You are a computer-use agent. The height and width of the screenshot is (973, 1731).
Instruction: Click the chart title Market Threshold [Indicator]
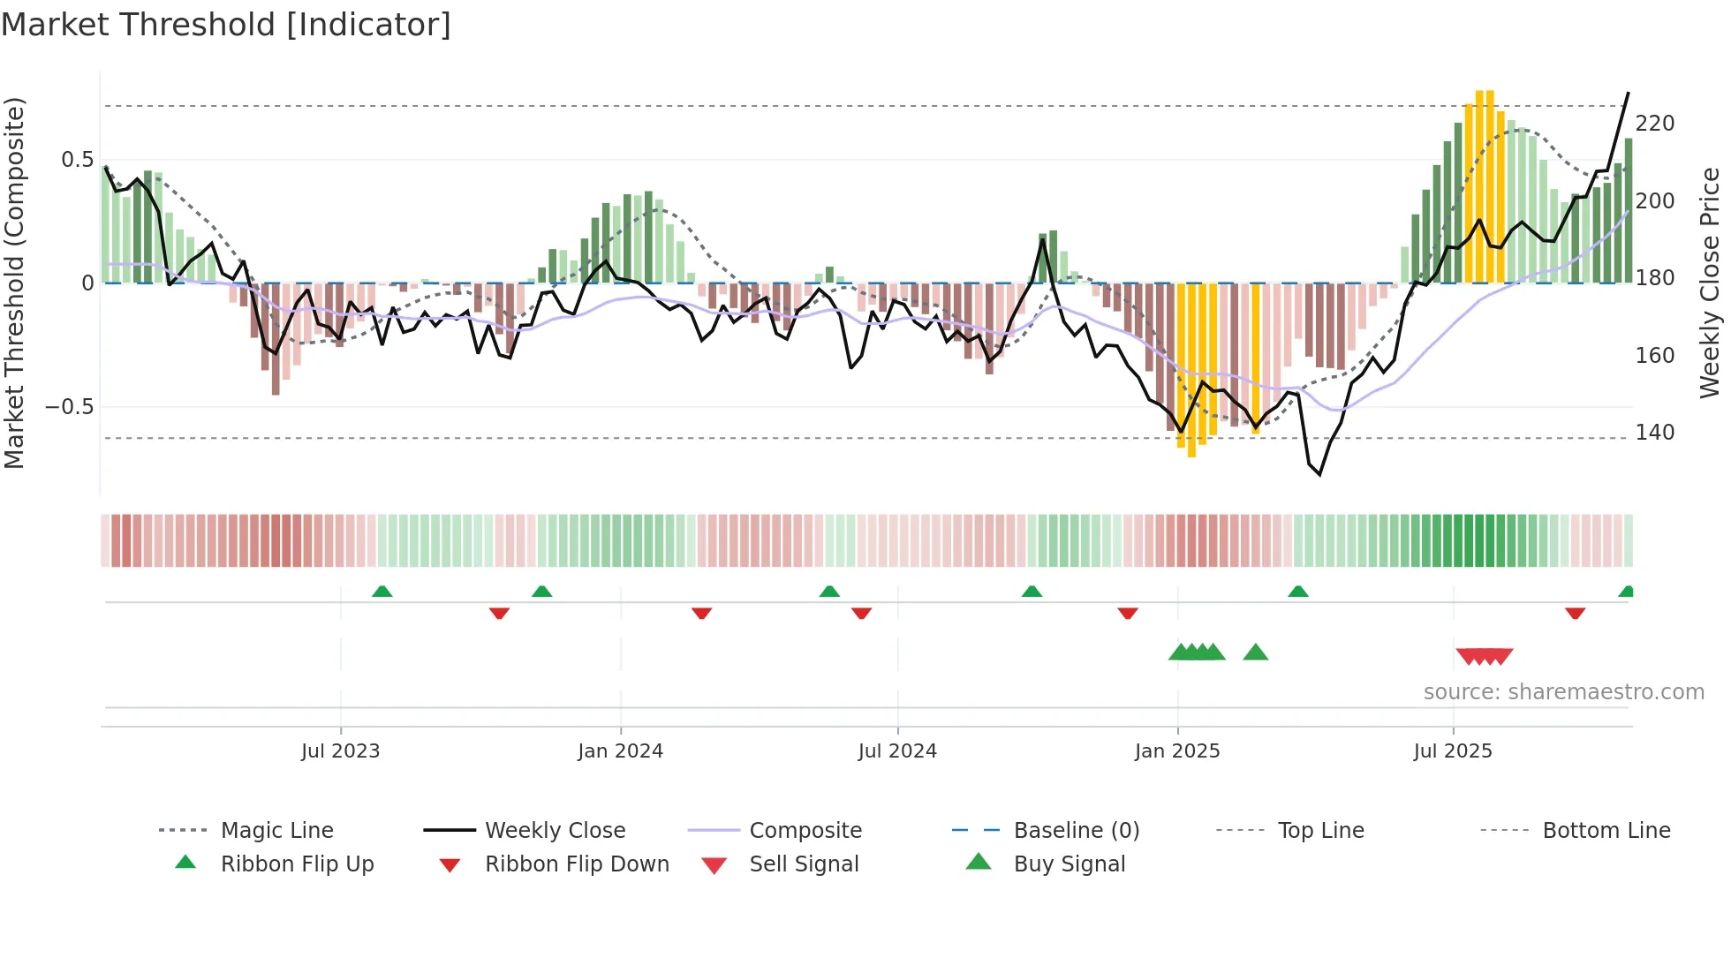(226, 25)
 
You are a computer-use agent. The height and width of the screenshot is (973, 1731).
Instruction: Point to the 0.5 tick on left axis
(77, 160)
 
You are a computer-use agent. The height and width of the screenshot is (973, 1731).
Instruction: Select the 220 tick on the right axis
(1654, 124)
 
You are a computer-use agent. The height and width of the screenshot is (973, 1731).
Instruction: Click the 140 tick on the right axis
(1654, 433)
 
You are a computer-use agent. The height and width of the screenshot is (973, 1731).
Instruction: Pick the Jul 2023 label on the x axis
(340, 751)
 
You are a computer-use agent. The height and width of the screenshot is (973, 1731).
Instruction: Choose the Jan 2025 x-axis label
(1176, 751)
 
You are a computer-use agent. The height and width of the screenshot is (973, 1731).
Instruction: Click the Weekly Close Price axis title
(1710, 283)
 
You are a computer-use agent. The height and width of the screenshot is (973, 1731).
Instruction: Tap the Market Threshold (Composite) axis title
(15, 283)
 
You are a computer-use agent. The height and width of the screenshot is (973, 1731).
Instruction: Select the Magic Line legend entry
(276, 831)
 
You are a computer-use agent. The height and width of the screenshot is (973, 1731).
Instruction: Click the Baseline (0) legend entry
(1076, 831)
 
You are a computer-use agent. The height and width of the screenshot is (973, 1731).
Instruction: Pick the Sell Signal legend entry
(803, 864)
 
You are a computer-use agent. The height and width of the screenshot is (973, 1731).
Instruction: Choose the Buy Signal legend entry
(1069, 864)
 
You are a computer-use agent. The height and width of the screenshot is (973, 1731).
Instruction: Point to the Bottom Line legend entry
(1606, 831)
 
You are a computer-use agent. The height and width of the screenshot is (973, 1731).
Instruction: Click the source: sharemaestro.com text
(1563, 692)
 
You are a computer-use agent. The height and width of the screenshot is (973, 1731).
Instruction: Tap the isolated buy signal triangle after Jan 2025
(1255, 653)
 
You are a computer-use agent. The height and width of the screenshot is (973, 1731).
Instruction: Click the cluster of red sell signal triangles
(1484, 656)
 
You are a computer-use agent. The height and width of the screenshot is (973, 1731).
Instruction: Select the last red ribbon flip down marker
(1575, 613)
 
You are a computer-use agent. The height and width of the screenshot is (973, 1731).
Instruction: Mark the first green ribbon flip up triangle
(382, 592)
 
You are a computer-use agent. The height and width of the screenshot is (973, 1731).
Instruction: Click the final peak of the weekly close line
(1628, 94)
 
